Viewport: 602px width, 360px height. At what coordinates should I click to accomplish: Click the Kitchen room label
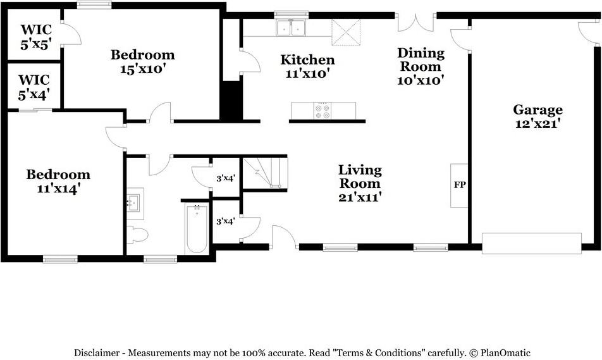pyautogui.click(x=307, y=66)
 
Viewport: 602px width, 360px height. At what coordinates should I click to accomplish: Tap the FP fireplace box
pyautogui.click(x=459, y=185)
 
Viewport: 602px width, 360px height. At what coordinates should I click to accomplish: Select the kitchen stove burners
pyautogui.click(x=322, y=111)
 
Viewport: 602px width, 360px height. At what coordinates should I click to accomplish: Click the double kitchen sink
pyautogui.click(x=291, y=28)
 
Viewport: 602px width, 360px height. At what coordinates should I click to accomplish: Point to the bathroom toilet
pyautogui.click(x=137, y=235)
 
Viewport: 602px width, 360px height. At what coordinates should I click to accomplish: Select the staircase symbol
pyautogui.click(x=265, y=173)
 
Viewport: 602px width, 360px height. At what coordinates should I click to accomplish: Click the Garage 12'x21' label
pyautogui.click(x=538, y=116)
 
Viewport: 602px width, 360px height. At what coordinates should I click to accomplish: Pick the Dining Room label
pyautogui.click(x=421, y=66)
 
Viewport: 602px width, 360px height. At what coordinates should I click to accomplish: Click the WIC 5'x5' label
pyautogui.click(x=36, y=37)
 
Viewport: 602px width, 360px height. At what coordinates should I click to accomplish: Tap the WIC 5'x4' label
pyautogui.click(x=34, y=87)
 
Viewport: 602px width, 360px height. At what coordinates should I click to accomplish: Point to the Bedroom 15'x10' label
pyautogui.click(x=143, y=61)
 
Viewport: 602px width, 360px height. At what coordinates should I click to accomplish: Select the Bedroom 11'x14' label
pyautogui.click(x=58, y=182)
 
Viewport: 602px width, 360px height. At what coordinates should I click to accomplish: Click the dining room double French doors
pyautogui.click(x=416, y=23)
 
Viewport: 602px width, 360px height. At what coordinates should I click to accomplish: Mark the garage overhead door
pyautogui.click(x=532, y=243)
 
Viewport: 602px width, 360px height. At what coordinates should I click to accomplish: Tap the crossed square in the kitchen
pyautogui.click(x=347, y=32)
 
